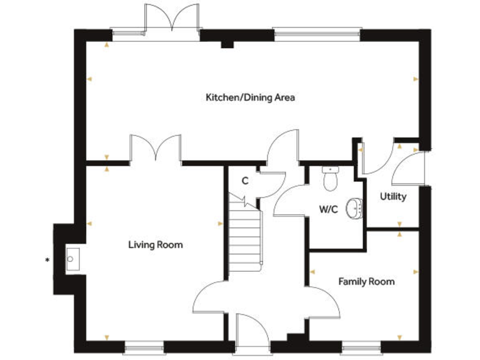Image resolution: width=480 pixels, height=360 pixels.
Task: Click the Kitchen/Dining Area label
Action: pyautogui.click(x=250, y=97)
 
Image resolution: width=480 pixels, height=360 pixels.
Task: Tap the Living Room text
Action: pyautogui.click(x=156, y=244)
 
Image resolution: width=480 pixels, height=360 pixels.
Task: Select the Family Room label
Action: pyautogui.click(x=366, y=281)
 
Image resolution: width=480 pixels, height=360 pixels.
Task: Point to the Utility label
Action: pyautogui.click(x=393, y=196)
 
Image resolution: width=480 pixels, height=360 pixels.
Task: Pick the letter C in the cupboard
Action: pyautogui.click(x=245, y=181)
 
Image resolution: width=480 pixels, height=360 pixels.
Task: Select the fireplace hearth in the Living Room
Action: pyautogui.click(x=71, y=257)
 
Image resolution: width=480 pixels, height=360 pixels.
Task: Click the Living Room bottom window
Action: pyautogui.click(x=144, y=346)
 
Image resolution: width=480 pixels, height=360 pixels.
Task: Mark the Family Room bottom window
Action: pyautogui.click(x=361, y=346)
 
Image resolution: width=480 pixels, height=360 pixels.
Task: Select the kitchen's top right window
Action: pyautogui.click(x=317, y=31)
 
